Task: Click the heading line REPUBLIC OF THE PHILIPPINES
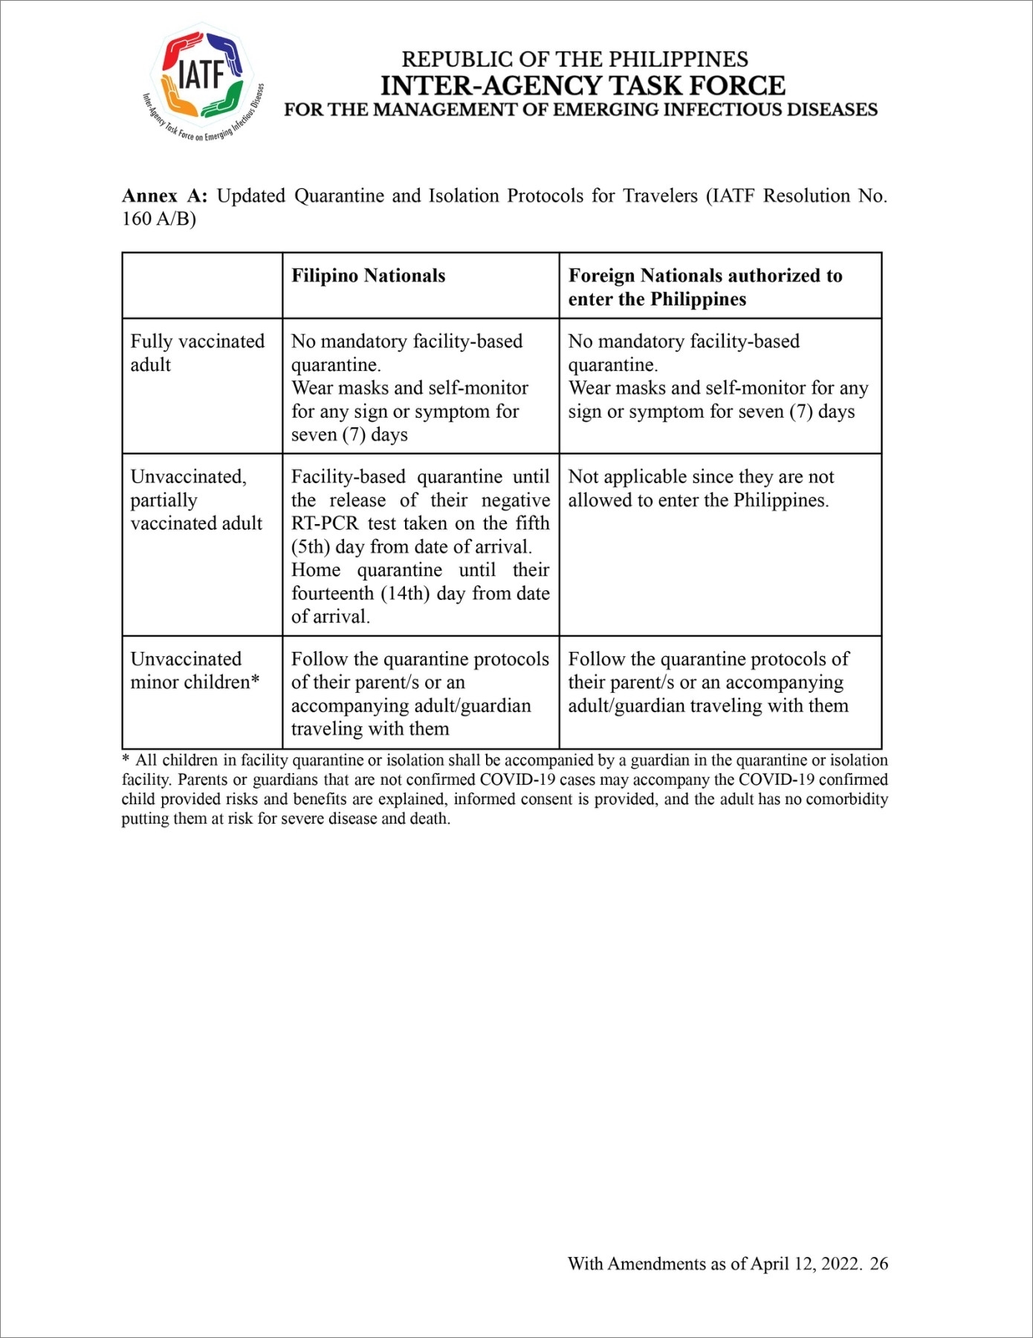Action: [574, 59]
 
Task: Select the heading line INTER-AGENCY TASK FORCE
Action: [583, 85]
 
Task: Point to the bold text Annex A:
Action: [164, 196]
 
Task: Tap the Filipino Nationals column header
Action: [368, 276]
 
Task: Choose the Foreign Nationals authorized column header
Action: [705, 287]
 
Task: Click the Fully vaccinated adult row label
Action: [197, 352]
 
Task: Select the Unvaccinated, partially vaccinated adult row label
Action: [196, 500]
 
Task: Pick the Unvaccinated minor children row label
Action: [195, 670]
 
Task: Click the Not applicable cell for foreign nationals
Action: [701, 488]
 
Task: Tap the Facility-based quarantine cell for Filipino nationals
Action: [420, 546]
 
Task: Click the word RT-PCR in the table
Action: [325, 523]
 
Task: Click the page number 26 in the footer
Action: [879, 1264]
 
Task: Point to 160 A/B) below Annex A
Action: [158, 220]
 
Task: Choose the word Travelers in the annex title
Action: [660, 196]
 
